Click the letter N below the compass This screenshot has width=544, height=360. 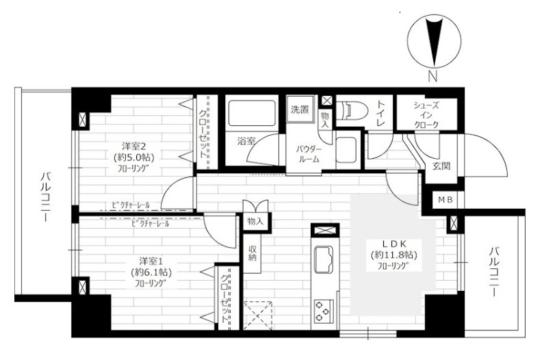tap(432, 76)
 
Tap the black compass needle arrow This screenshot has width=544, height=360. tap(435, 42)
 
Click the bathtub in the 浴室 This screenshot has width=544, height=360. tap(252, 113)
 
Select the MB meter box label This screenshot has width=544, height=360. tap(445, 200)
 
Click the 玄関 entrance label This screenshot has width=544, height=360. tap(441, 166)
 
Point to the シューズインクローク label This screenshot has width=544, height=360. tap(426, 115)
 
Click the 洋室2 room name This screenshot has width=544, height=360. tap(133, 145)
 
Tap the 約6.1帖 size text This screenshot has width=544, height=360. tap(151, 272)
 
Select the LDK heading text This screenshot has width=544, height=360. tap(394, 244)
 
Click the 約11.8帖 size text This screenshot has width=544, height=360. tap(393, 255)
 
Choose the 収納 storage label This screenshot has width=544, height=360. tap(252, 253)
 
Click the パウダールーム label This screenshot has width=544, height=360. tap(309, 155)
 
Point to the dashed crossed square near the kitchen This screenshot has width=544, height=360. tap(258, 316)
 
